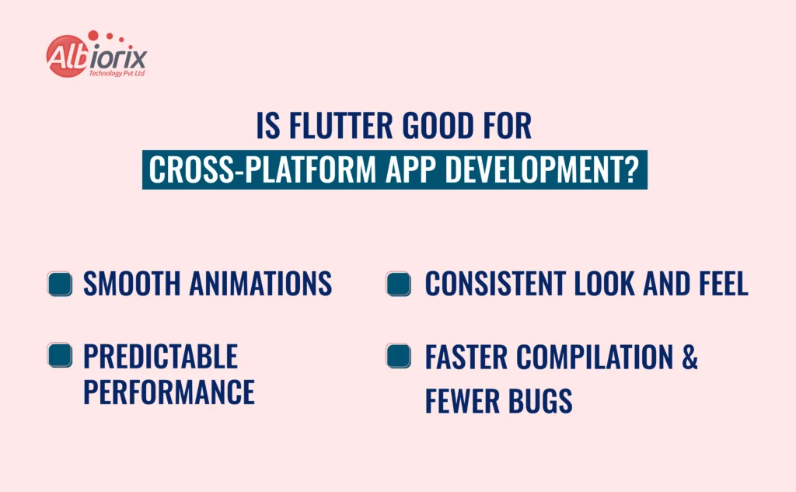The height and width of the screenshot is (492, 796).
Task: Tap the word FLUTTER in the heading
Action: pos(340,126)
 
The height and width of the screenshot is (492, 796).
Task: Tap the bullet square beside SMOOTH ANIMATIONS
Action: pos(60,284)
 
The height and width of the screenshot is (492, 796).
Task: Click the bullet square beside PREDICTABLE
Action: pos(60,356)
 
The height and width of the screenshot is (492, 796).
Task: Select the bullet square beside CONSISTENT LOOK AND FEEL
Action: pos(398,284)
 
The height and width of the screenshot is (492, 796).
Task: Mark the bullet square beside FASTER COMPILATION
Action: pos(398,356)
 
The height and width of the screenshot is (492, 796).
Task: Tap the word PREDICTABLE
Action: pos(160,357)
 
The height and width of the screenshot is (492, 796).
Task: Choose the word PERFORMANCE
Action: pos(169,393)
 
